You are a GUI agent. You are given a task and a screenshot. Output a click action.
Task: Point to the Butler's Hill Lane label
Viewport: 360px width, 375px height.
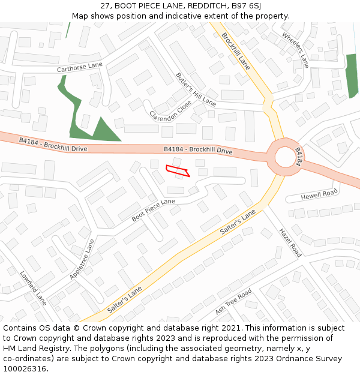pos(196,89)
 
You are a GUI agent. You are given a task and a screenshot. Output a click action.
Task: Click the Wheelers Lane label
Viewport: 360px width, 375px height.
pos(295,49)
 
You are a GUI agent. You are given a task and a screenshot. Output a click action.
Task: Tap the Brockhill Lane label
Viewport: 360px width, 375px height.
pos(236,51)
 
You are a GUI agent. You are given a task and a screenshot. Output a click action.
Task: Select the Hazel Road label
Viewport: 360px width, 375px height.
pos(289,242)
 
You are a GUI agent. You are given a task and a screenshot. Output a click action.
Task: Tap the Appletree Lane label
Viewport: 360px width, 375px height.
pos(82,259)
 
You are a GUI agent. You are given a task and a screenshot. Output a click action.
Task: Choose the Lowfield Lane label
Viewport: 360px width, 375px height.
pos(33,287)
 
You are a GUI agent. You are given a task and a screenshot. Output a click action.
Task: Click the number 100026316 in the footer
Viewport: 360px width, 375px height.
pos(25,369)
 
